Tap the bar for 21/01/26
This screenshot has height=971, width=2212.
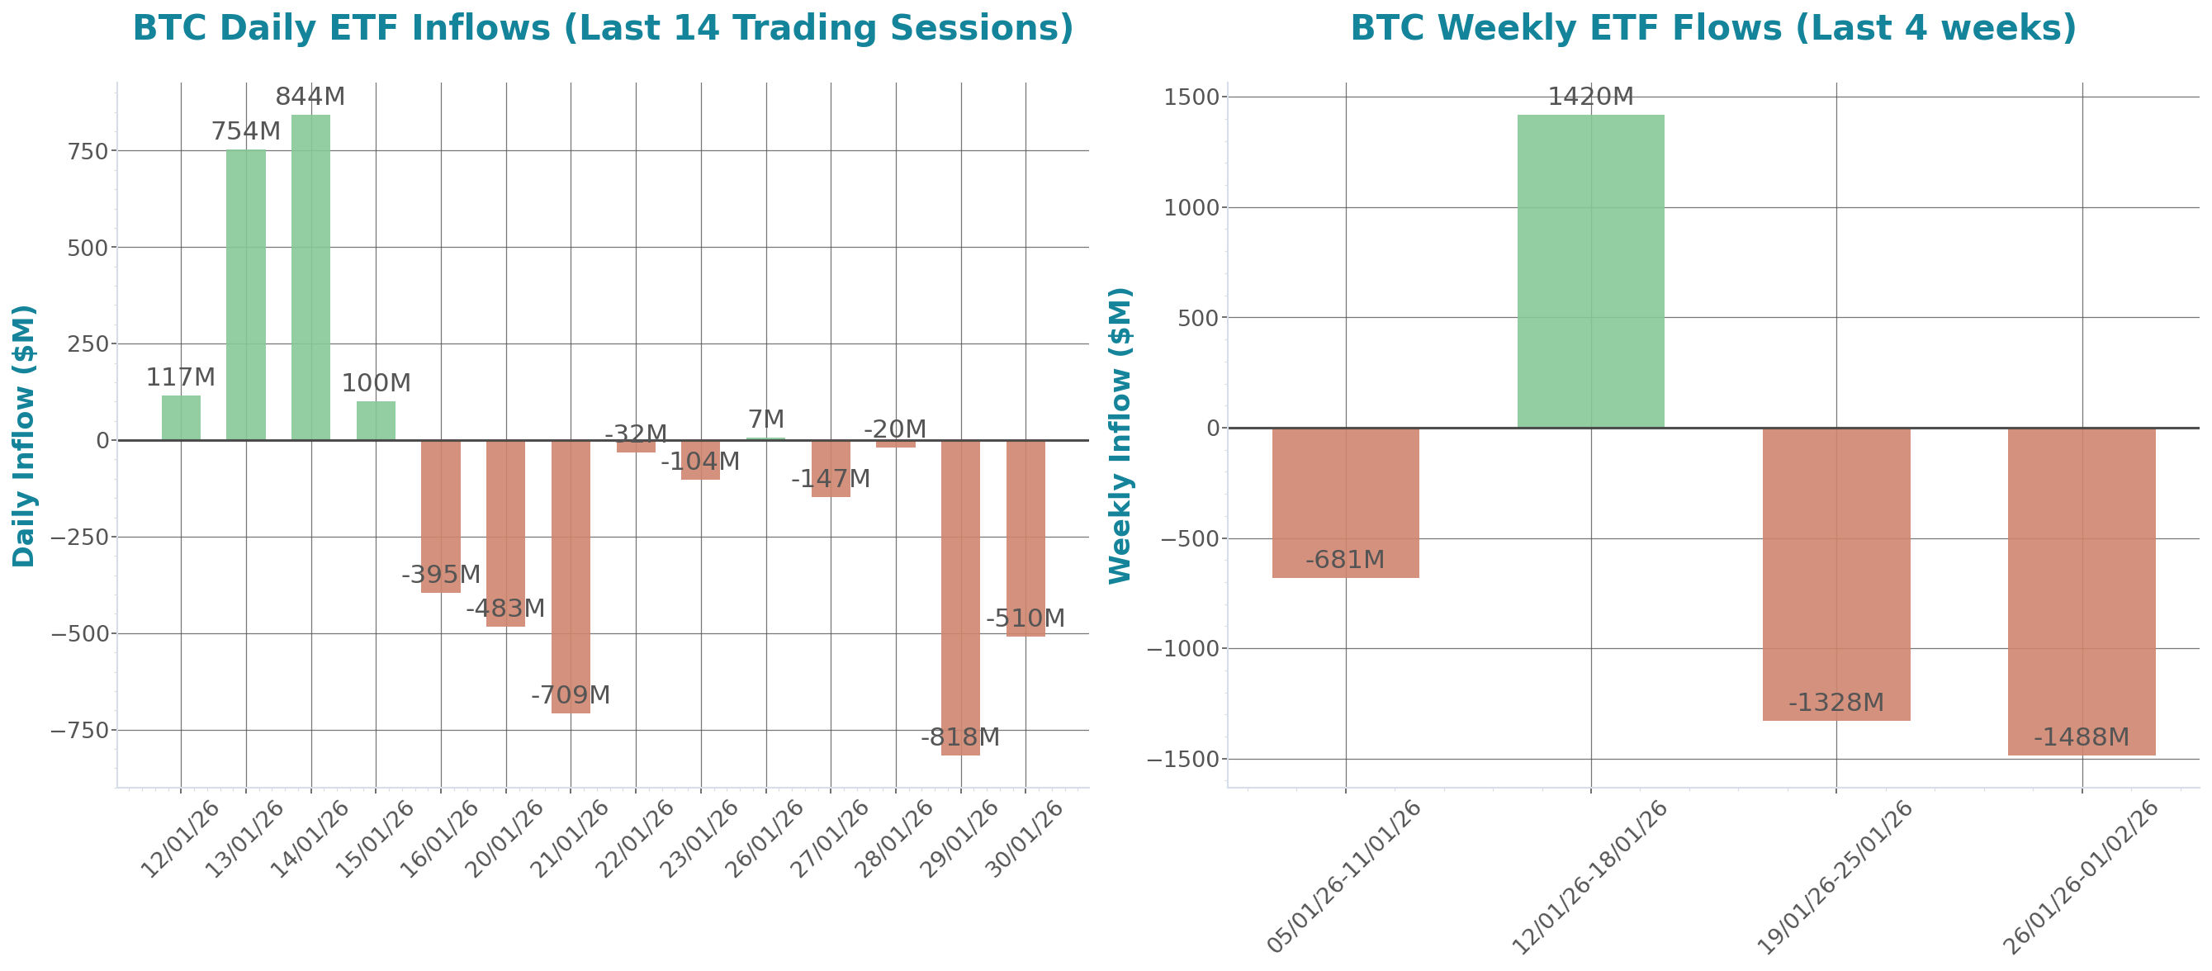click(x=571, y=576)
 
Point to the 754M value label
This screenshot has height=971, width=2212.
click(x=245, y=131)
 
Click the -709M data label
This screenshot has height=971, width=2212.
click(x=571, y=694)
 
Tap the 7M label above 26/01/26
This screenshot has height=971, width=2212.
click(x=766, y=419)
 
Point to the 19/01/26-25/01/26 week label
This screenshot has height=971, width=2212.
click(x=1834, y=876)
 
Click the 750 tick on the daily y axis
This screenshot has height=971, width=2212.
click(x=88, y=151)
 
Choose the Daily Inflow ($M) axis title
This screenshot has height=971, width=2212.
click(x=23, y=435)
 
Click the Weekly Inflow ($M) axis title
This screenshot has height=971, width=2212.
click(x=1120, y=435)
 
